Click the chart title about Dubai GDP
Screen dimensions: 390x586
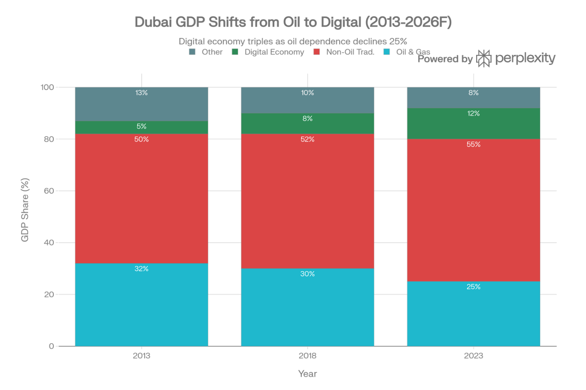point(293,22)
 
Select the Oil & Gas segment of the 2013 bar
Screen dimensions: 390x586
point(142,305)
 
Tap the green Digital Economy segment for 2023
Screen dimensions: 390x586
point(473,124)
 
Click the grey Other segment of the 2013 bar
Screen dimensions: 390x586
point(142,104)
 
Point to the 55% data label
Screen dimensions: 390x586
point(473,144)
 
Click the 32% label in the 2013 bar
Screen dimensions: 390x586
point(142,269)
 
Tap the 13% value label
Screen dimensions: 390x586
point(142,93)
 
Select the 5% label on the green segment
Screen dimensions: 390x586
point(142,126)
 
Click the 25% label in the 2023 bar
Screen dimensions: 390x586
point(473,287)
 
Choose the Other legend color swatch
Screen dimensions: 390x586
point(192,52)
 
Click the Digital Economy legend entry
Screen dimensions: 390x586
point(274,52)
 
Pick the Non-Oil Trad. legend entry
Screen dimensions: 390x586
point(350,52)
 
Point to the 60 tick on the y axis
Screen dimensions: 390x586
point(49,191)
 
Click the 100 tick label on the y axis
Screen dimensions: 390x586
point(47,87)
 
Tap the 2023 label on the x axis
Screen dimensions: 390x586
point(473,356)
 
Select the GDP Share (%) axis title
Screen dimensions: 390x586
point(25,210)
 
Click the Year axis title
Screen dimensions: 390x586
point(307,374)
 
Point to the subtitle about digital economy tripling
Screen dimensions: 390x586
point(293,41)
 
